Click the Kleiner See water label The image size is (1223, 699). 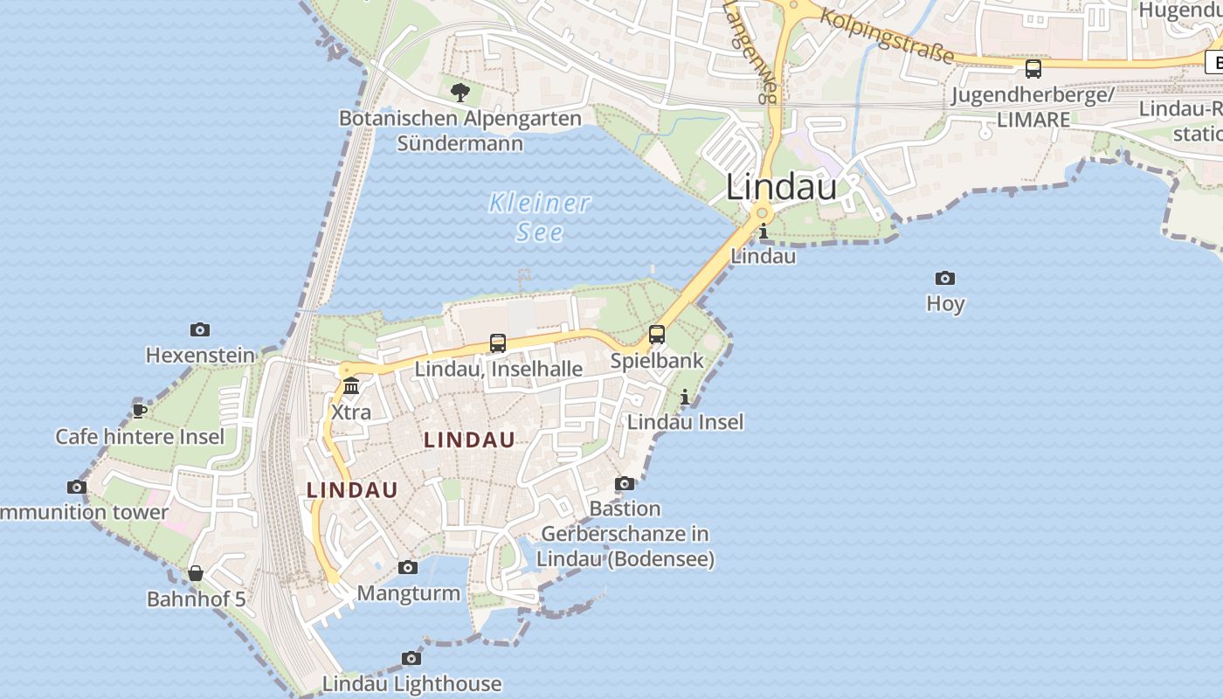pos(539,217)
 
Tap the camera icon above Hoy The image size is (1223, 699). pos(945,279)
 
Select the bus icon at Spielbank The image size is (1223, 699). pos(657,335)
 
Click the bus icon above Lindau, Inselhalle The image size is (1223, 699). pos(498,343)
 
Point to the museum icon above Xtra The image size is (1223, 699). pos(351,385)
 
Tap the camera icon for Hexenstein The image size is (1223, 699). pos(200,329)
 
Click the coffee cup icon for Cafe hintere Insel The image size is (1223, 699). pos(139,411)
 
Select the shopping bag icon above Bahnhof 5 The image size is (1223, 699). pos(196,573)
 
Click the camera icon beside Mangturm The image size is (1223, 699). pos(408,568)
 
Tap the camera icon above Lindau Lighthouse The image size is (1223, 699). pos(411,658)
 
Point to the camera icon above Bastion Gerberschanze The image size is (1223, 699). pos(625,483)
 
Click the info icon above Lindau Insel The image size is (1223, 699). pos(685,398)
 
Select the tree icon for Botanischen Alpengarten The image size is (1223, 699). pos(460,92)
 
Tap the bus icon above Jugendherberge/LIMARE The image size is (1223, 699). pos(1033,68)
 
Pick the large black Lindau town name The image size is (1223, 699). pos(782,187)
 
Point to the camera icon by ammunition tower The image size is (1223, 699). pos(77,487)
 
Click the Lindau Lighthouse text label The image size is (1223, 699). pos(411,683)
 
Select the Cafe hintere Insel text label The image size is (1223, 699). pos(140,436)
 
